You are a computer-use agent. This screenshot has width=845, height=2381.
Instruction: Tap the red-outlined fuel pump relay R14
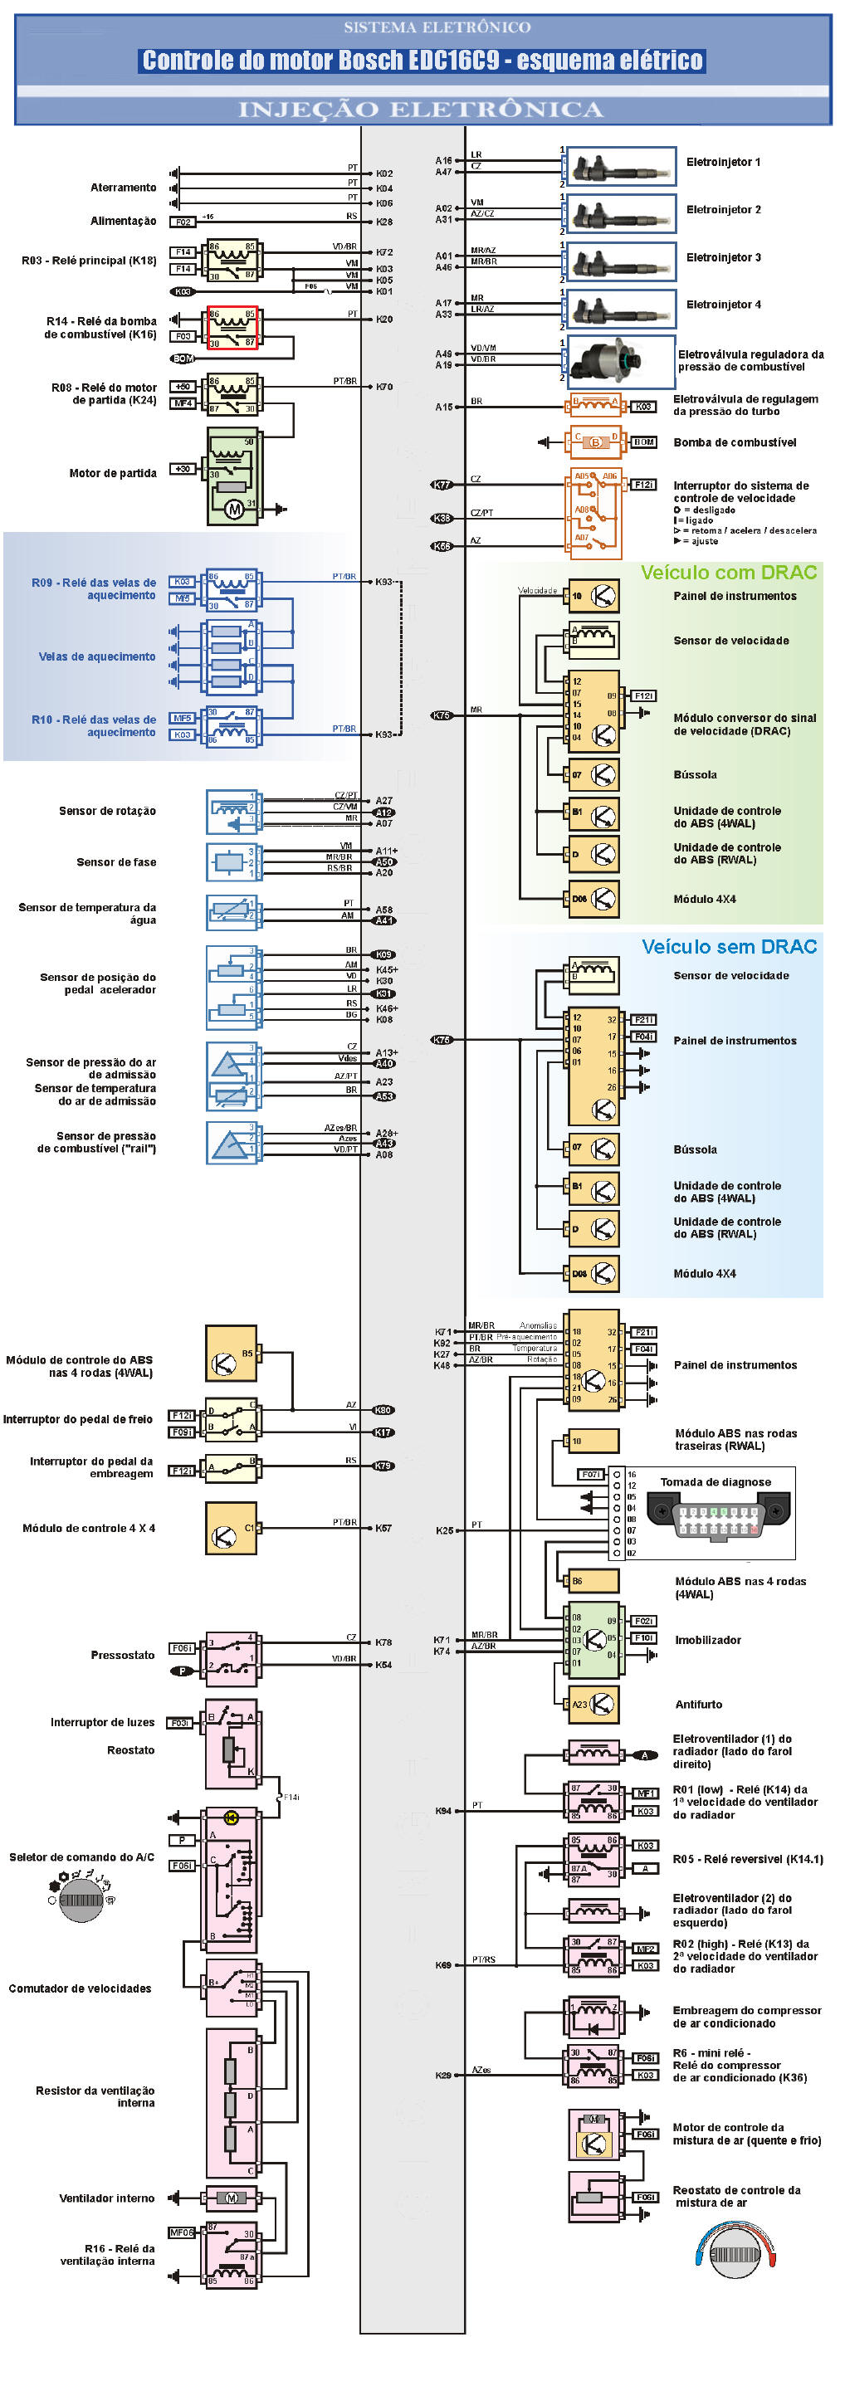pos(232,327)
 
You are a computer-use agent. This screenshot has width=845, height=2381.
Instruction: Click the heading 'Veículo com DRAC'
pos(729,572)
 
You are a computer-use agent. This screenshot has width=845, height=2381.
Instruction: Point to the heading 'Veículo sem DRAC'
pos(729,946)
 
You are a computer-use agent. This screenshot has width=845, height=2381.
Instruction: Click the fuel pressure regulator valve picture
pos(620,360)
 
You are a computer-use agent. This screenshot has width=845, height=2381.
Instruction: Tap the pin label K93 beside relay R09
pos(383,582)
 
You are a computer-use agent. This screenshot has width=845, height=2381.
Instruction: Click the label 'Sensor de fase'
pos(116,862)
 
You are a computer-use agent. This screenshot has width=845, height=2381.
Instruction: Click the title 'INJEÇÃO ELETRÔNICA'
pos(421,110)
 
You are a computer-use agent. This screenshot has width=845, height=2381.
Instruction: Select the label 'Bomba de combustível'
pos(734,442)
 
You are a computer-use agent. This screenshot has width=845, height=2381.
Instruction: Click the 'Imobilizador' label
pos(707,1640)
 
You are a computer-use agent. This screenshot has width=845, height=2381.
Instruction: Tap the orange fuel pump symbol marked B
pos(594,442)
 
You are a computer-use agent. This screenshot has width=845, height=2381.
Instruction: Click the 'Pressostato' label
pos(123,1655)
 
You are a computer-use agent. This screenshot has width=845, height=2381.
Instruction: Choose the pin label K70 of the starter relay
pos(383,387)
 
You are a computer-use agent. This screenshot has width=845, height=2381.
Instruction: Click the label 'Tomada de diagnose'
pos(715,1481)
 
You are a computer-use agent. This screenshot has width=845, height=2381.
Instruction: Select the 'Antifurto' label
pos(698,1705)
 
